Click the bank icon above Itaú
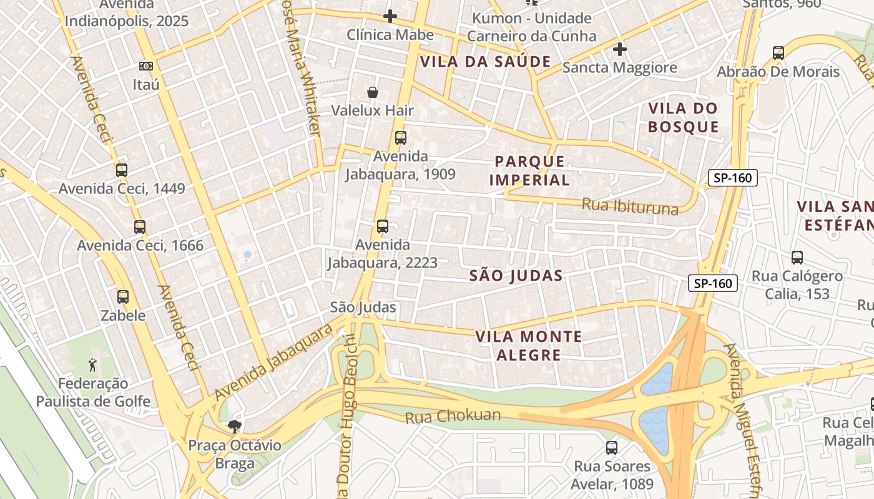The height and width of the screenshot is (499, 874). tap(145, 65)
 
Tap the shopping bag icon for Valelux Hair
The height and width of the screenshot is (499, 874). tap(373, 92)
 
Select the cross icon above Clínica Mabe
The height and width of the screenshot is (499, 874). tap(390, 16)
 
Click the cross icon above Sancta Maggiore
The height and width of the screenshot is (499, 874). tap(619, 49)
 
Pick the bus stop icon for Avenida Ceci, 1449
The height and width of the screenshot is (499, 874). tap(122, 170)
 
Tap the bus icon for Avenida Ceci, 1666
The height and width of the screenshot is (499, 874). tap(140, 227)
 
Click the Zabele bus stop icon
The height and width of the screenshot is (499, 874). tap(123, 297)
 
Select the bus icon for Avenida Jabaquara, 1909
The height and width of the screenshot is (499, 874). tap(400, 138)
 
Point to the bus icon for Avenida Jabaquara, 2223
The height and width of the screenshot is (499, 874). tap(382, 226)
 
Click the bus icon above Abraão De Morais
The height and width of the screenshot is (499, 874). tap(778, 53)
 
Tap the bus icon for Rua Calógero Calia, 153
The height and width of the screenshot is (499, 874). tap(797, 257)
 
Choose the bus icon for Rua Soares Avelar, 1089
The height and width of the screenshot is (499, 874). tap(612, 447)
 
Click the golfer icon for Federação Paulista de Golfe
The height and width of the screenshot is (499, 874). tap(93, 364)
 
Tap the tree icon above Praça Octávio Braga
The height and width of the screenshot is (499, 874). tap(235, 427)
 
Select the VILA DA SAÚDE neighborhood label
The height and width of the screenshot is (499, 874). tap(485, 62)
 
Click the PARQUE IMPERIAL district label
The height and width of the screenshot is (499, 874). tap(529, 171)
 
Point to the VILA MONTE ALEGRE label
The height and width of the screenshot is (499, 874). tap(528, 346)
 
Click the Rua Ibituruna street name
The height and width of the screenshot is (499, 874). tap(629, 205)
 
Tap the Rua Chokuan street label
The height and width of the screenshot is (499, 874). tap(453, 416)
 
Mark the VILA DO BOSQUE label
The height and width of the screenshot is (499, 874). tap(683, 118)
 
